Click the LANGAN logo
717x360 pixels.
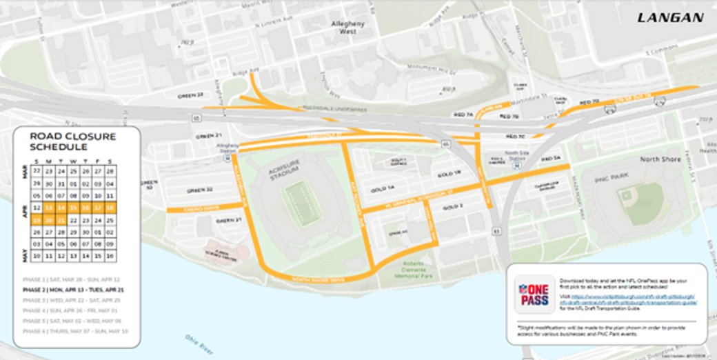pyautogui.click(x=670, y=17)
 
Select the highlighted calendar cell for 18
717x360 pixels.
pyautogui.click(x=110, y=207)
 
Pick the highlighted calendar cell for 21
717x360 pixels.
pyautogui.click(x=61, y=220)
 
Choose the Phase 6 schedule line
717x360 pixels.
pyautogui.click(x=71, y=331)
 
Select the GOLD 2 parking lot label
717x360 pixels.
pyautogui.click(x=453, y=207)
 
